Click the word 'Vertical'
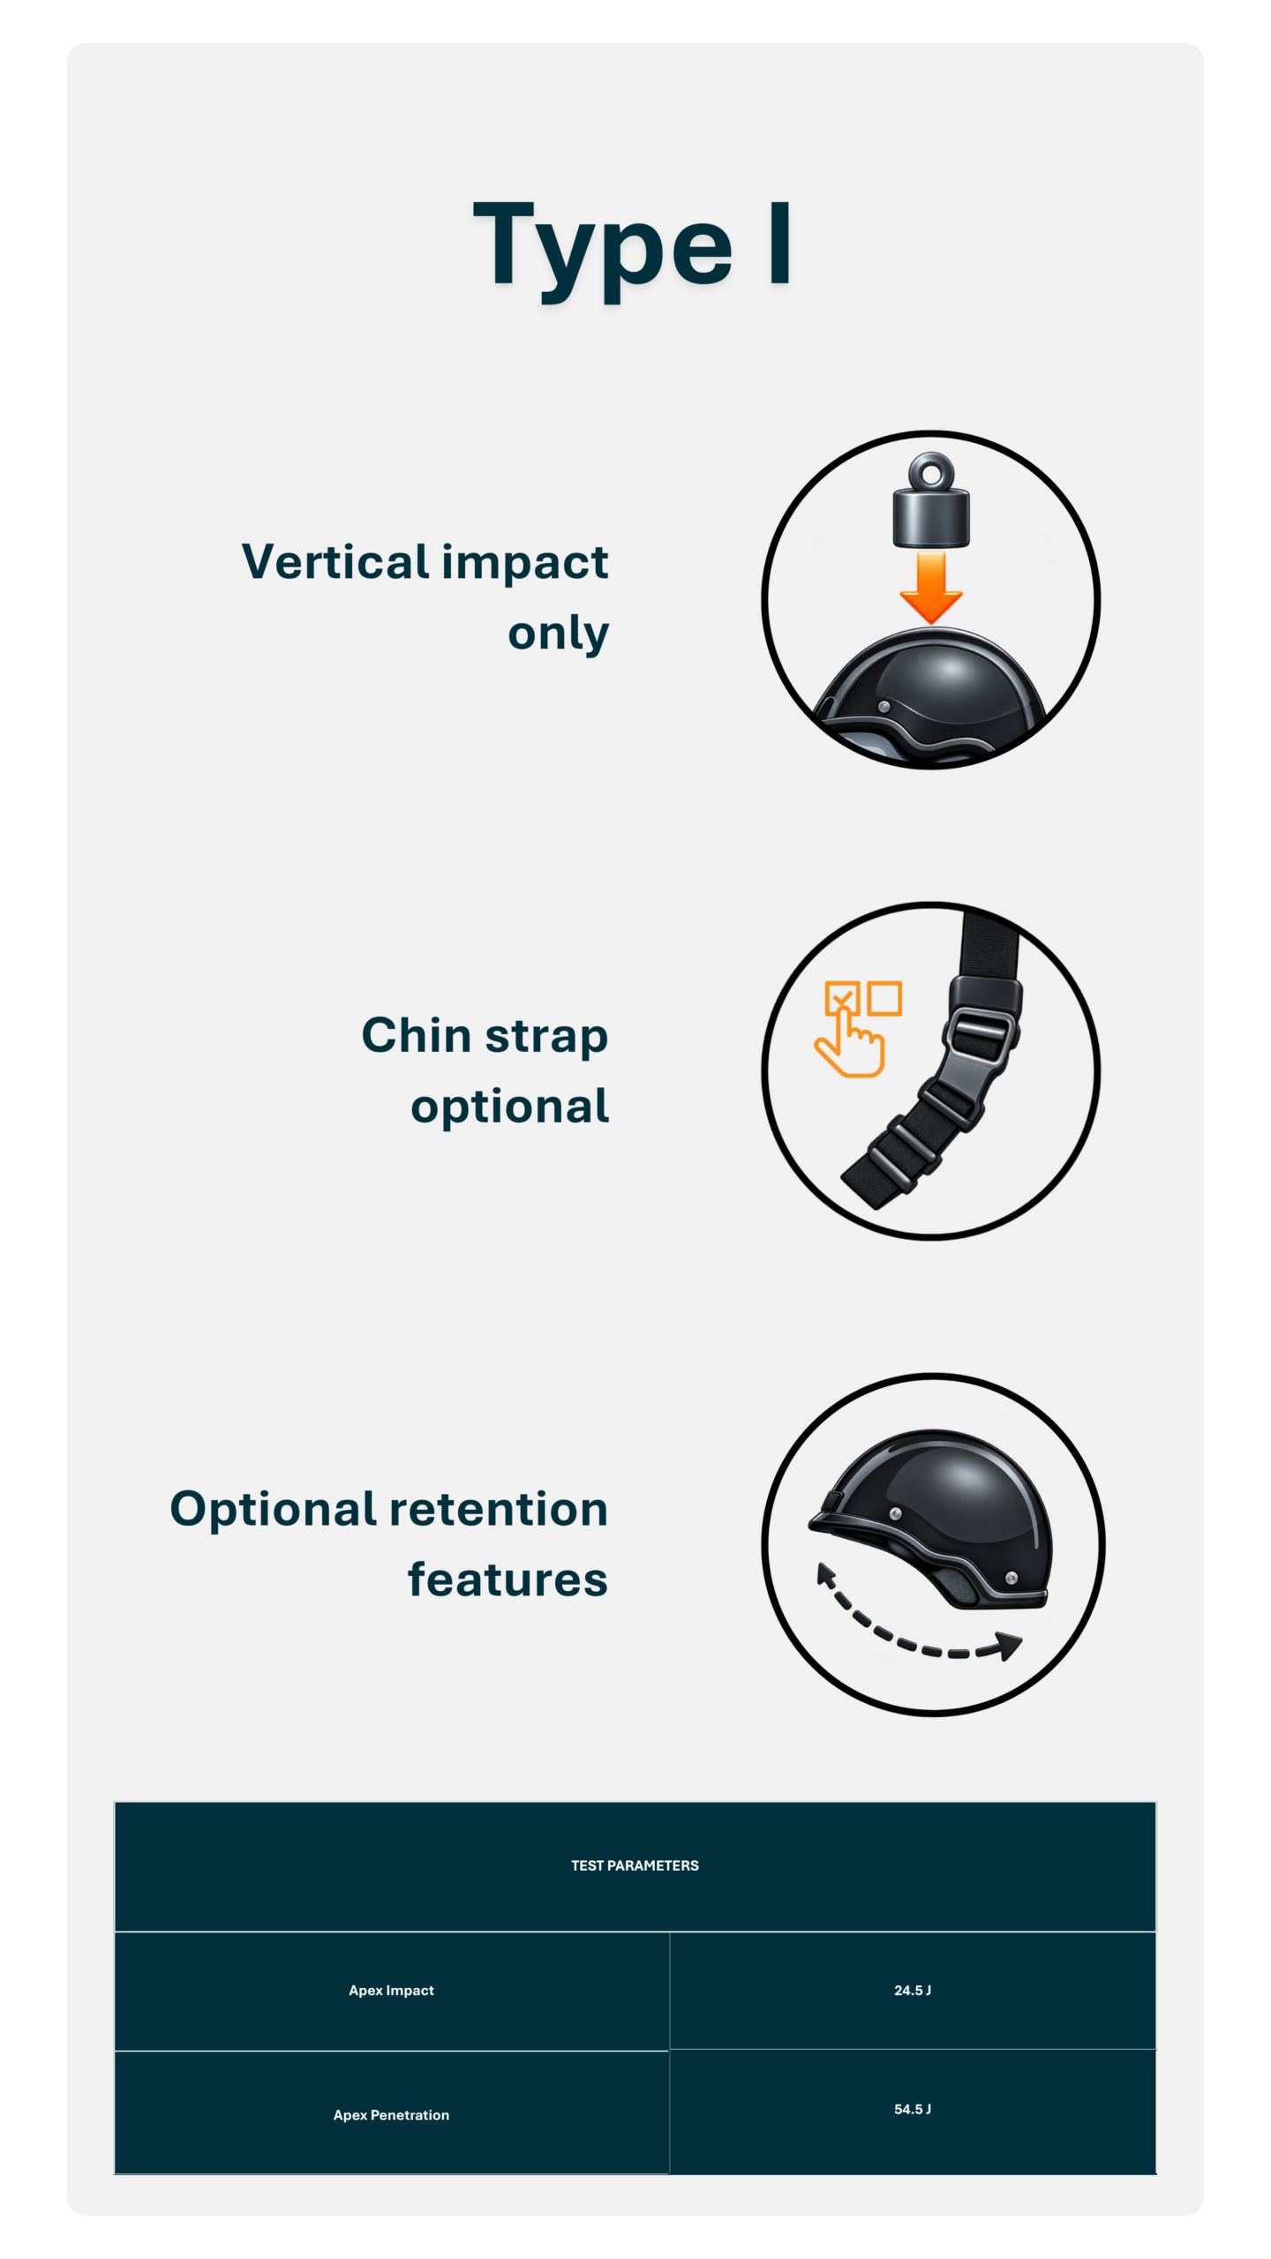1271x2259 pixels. pos(335,561)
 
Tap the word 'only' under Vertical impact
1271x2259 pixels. pos(558,634)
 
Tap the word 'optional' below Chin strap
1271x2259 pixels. pos(509,1107)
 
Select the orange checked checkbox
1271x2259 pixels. pos(841,997)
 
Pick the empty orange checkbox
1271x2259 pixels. pos(884,998)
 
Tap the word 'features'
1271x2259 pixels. pos(508,1580)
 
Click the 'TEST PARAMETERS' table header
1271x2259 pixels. pos(635,1865)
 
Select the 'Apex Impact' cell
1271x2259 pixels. pos(391,1991)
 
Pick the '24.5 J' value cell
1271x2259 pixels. pos(913,1990)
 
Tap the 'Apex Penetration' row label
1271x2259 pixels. pos(391,2115)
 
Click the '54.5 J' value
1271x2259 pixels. pos(913,2109)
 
